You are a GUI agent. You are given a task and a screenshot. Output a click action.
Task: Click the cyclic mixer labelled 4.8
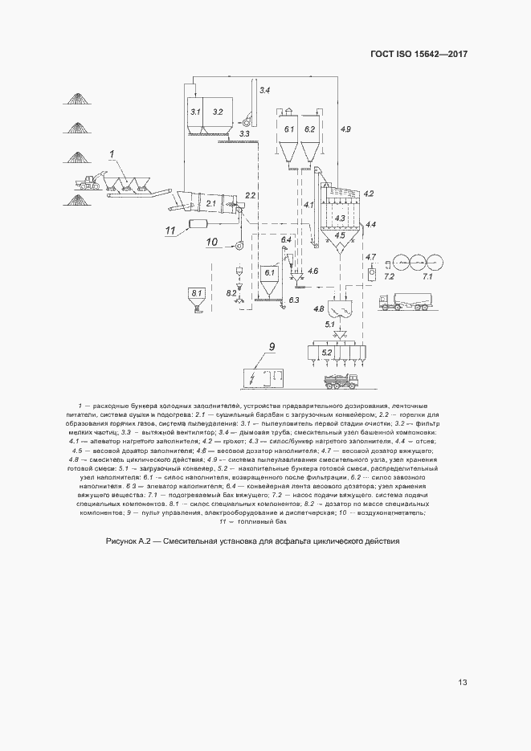345,308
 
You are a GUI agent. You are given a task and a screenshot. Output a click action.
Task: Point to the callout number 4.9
345,129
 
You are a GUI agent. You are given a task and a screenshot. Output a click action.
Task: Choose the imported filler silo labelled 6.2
309,129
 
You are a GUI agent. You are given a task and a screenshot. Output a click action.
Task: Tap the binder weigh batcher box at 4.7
372,275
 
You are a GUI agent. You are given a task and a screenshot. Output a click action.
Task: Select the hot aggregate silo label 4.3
340,218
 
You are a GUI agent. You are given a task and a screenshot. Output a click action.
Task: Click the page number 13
463,683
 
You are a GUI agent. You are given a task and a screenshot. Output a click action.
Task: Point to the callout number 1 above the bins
113,152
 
